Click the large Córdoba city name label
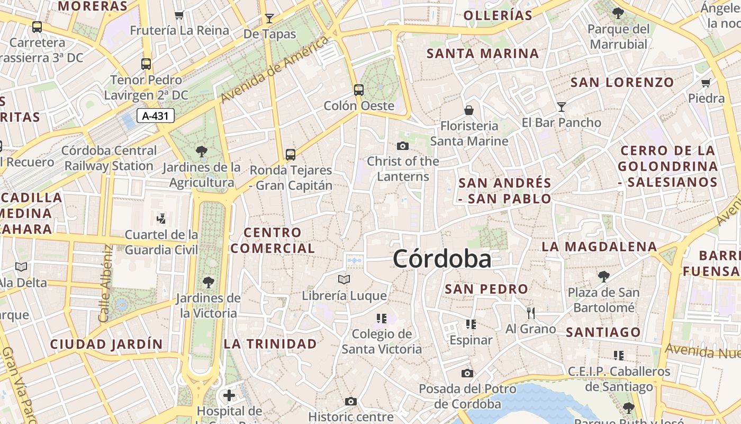point(442,259)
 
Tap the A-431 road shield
point(156,116)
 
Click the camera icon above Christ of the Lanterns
point(403,146)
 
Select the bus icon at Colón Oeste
point(359,90)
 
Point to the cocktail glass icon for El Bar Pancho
point(562,107)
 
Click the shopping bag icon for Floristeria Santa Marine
point(468,110)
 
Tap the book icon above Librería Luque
point(344,279)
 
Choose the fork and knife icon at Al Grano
point(531,313)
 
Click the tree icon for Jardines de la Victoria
point(209,282)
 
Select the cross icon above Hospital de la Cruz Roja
point(229,395)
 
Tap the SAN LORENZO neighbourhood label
point(622,82)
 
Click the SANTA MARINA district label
point(483,54)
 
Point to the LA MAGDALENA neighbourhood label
point(599,246)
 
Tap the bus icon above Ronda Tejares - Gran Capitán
point(291,154)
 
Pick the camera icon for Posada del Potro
point(467,373)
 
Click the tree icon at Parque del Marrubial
point(618,13)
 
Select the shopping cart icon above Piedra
point(706,83)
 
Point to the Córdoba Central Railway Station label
point(109,158)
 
